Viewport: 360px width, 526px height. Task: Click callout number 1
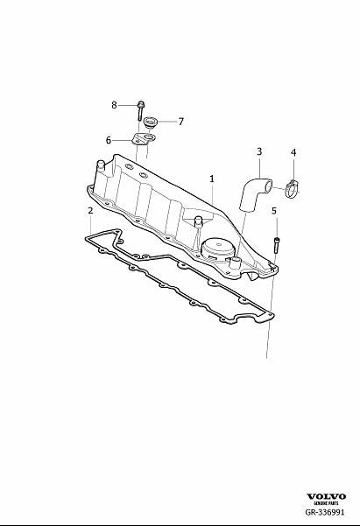click(212, 179)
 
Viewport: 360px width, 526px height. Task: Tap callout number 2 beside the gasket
click(90, 211)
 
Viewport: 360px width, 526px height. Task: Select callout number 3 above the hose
click(259, 151)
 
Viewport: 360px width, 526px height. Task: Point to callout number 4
click(293, 152)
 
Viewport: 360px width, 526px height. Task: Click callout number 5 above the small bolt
click(274, 211)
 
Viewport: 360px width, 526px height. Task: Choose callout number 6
click(108, 140)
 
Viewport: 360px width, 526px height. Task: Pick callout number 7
click(181, 122)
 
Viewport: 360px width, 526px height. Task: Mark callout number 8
click(114, 105)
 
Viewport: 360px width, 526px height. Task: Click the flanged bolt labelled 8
click(140, 110)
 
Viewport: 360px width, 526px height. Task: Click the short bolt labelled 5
click(277, 244)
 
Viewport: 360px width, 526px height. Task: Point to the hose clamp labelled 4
click(292, 189)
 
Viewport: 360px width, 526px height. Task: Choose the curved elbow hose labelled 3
click(252, 193)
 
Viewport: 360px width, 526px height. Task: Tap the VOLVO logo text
click(326, 496)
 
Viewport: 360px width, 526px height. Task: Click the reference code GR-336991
click(325, 512)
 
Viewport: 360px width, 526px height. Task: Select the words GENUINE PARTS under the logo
click(326, 503)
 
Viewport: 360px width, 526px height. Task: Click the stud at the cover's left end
click(101, 166)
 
